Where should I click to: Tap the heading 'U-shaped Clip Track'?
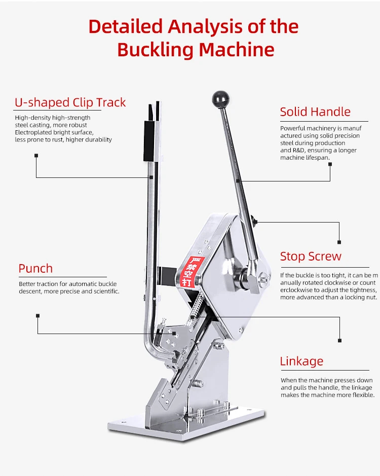[x=70, y=102]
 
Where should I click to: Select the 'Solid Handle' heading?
[x=315, y=112]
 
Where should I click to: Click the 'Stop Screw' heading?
[x=311, y=257]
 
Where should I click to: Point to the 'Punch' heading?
[x=35, y=269]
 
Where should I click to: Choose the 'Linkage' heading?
[x=301, y=361]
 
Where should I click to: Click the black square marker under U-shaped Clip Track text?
[x=36, y=156]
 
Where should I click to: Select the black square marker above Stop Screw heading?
[x=339, y=242]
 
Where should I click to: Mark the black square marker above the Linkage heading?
[x=339, y=340]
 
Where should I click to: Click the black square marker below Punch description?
[x=37, y=315]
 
